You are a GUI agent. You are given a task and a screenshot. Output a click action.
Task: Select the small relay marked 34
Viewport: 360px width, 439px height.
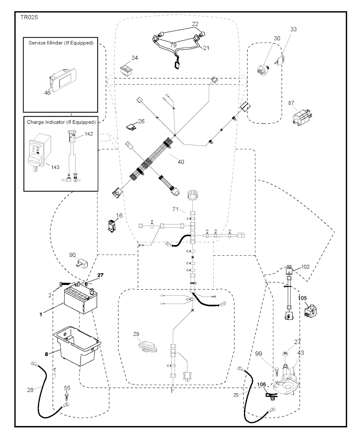(x=126, y=69)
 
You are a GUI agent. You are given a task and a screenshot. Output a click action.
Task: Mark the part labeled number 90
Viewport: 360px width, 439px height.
(x=81, y=263)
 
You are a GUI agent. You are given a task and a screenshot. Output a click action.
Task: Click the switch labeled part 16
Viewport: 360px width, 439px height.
(x=113, y=225)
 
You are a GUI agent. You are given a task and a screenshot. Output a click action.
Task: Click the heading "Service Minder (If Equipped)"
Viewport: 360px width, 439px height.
(x=60, y=43)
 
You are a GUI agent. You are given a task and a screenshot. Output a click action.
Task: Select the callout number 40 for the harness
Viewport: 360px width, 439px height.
(x=181, y=162)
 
